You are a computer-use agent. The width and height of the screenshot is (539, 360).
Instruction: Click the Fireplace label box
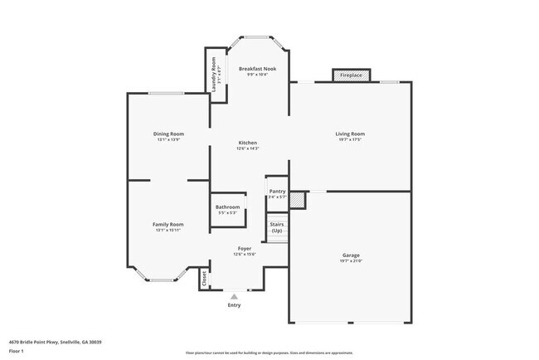tap(350, 75)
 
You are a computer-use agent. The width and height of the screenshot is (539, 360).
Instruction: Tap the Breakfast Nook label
tap(257, 68)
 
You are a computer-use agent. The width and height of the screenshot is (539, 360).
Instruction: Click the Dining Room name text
tap(168, 134)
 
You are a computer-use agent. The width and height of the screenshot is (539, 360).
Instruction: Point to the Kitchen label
tap(247, 143)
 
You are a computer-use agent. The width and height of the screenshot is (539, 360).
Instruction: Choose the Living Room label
tap(349, 134)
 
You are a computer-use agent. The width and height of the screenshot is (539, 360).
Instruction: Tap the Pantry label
tap(277, 191)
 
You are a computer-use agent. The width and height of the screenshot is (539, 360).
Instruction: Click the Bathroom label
tap(227, 207)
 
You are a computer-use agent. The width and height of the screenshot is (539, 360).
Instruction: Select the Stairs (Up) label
tap(277, 226)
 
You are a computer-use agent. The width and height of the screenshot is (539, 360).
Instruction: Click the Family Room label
tap(168, 224)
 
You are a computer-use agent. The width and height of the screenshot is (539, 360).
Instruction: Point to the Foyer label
tap(245, 248)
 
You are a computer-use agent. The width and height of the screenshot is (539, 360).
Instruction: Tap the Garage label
tap(352, 255)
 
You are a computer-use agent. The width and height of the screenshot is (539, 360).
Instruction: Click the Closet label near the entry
tap(204, 280)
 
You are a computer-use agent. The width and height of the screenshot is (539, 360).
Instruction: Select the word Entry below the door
tap(235, 305)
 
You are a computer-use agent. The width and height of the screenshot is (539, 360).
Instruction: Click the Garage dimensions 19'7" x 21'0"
tap(352, 261)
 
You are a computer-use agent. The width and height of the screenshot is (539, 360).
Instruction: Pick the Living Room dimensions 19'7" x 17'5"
tap(349, 139)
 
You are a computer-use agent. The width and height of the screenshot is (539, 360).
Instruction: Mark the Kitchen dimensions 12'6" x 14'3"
tap(247, 148)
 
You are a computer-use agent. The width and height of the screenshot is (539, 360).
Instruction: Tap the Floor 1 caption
tap(17, 351)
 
